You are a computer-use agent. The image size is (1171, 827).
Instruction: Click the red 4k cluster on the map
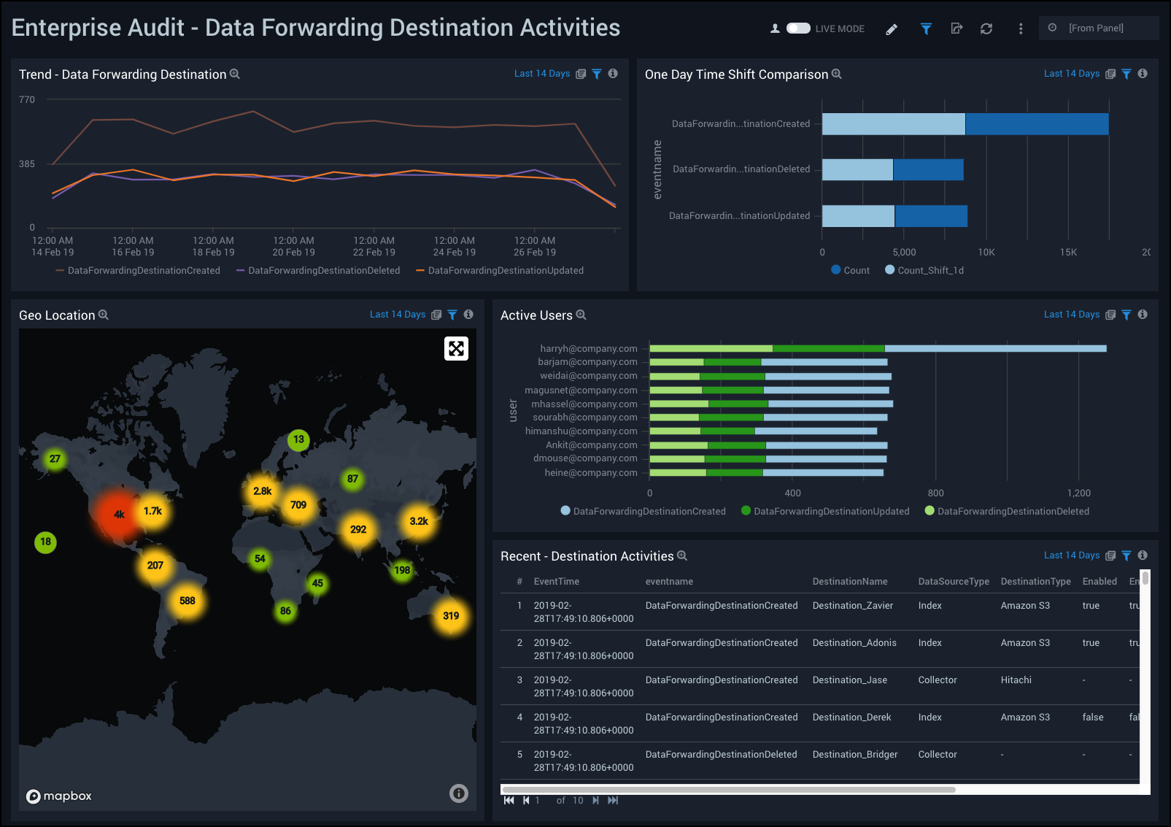[119, 515]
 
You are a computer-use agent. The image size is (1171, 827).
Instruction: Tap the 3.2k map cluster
[419, 521]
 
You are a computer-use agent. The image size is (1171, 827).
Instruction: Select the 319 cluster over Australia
[451, 616]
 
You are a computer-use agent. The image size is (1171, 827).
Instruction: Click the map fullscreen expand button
[456, 349]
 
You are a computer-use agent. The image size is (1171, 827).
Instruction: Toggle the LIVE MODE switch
[798, 28]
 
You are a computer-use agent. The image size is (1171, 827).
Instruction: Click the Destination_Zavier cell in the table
[852, 606]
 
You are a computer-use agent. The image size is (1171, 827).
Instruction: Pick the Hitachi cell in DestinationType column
[1016, 680]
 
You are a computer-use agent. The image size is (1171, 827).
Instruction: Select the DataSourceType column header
[953, 582]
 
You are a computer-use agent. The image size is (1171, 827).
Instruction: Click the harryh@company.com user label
[588, 349]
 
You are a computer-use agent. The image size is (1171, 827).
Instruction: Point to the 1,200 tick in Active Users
[1078, 493]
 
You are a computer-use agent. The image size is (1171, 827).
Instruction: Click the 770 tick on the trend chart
[27, 100]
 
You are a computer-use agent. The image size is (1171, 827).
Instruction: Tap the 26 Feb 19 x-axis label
[535, 253]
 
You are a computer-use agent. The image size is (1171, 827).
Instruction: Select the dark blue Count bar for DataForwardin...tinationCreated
[1037, 124]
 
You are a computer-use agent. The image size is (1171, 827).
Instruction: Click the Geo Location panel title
[57, 315]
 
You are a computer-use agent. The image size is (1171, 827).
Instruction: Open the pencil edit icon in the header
[892, 29]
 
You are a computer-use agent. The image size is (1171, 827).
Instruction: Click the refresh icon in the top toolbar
[986, 29]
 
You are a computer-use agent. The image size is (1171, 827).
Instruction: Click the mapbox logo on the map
[59, 796]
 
